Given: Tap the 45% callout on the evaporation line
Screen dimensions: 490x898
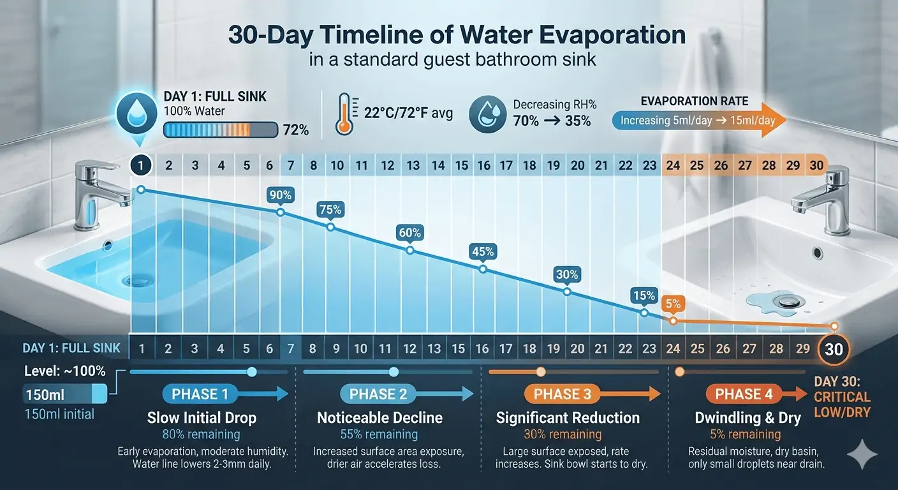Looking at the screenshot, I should pos(483,251).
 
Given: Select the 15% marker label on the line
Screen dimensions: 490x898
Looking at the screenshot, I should pos(644,295).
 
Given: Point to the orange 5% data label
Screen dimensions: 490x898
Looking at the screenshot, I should pos(673,304).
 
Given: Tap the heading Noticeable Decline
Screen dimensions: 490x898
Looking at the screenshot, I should pos(380,418).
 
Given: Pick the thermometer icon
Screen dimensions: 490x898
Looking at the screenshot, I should pos(344,114).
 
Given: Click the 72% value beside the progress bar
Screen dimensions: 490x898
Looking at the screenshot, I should pos(295,131).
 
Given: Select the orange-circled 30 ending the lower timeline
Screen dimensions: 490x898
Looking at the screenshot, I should pos(834,349).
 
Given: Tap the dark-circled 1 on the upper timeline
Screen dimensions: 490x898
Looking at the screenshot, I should pos(141,165).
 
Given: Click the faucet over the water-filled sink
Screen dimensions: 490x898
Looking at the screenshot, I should pos(96,191).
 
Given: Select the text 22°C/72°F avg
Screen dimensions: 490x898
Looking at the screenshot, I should pos(408,114).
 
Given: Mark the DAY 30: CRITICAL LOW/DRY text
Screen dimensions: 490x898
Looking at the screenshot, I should pos(842,397).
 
